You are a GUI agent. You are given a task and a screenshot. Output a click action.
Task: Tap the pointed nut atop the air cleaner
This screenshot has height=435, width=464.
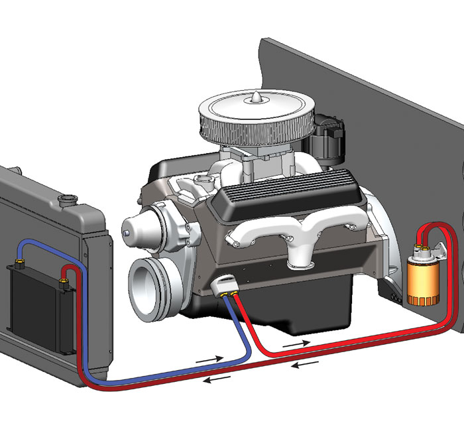point(254,98)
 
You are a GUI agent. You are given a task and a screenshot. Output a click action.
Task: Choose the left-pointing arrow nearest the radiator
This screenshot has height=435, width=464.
point(217,379)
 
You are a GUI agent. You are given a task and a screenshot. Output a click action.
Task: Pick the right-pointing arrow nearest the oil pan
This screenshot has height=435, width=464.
point(296,345)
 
